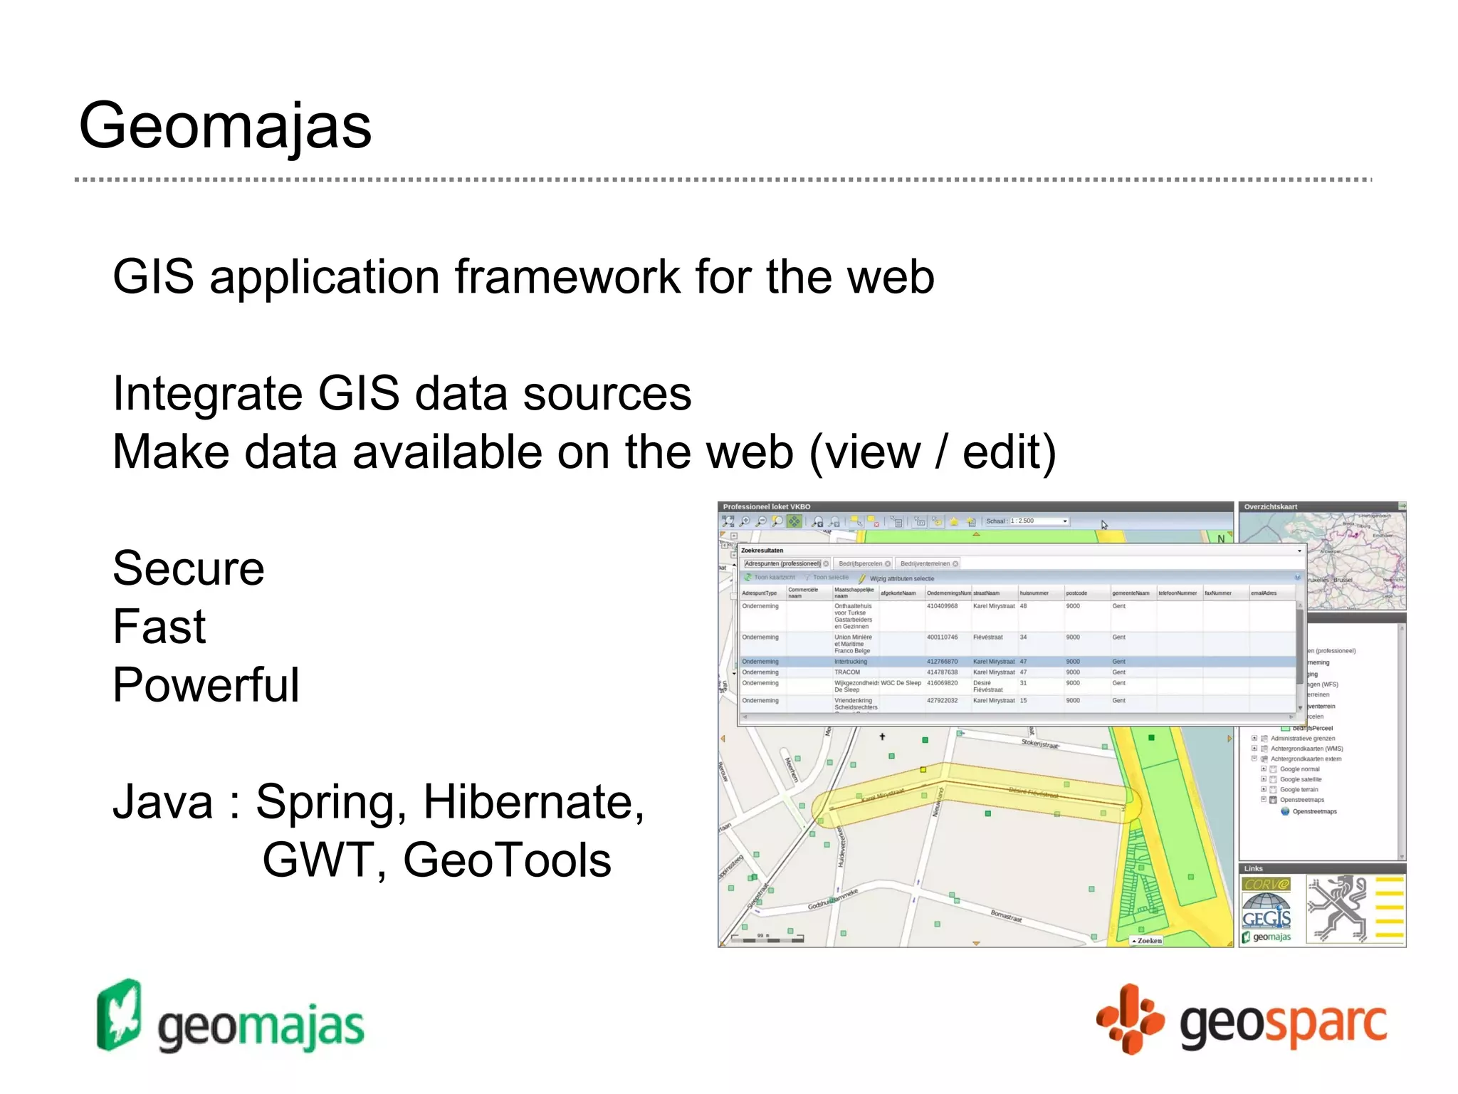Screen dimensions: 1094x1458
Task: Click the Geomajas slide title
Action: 225,125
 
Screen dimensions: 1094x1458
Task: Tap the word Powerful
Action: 206,685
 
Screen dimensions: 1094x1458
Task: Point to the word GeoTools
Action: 506,860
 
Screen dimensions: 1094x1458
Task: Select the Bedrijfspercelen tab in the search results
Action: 860,563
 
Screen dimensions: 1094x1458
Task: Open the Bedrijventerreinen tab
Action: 925,563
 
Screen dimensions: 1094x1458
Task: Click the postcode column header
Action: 1076,593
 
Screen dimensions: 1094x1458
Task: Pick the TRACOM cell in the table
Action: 847,672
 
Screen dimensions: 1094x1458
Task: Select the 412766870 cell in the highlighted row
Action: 942,662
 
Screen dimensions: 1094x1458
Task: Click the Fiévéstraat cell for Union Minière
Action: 987,637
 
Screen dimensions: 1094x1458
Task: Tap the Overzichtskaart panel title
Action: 1271,507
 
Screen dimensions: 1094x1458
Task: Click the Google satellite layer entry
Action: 1300,779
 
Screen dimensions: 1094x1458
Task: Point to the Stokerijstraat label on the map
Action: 1040,744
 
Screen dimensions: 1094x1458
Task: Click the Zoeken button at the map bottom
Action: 1148,941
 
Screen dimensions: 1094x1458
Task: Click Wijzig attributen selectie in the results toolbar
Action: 901,578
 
